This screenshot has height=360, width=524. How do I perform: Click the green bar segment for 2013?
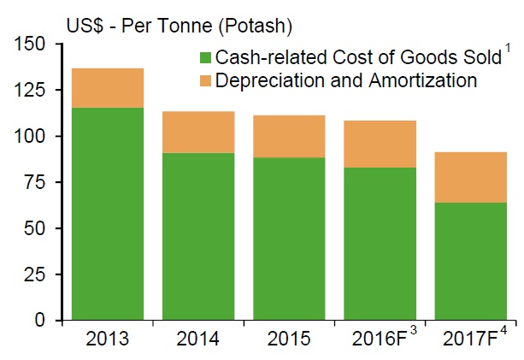(108, 214)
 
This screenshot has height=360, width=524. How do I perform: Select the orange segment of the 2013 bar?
(108, 88)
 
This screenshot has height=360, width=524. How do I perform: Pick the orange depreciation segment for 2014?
(198, 132)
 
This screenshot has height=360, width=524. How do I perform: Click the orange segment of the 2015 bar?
(289, 136)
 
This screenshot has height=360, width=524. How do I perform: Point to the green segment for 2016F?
(380, 244)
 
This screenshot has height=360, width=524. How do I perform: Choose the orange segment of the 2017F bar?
(470, 177)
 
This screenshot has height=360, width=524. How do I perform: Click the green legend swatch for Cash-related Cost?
(204, 58)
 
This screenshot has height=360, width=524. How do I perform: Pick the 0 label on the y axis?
(48, 321)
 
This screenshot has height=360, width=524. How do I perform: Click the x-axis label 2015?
(289, 339)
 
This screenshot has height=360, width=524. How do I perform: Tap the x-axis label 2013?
(108, 339)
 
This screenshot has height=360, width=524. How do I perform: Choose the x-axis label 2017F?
(466, 339)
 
